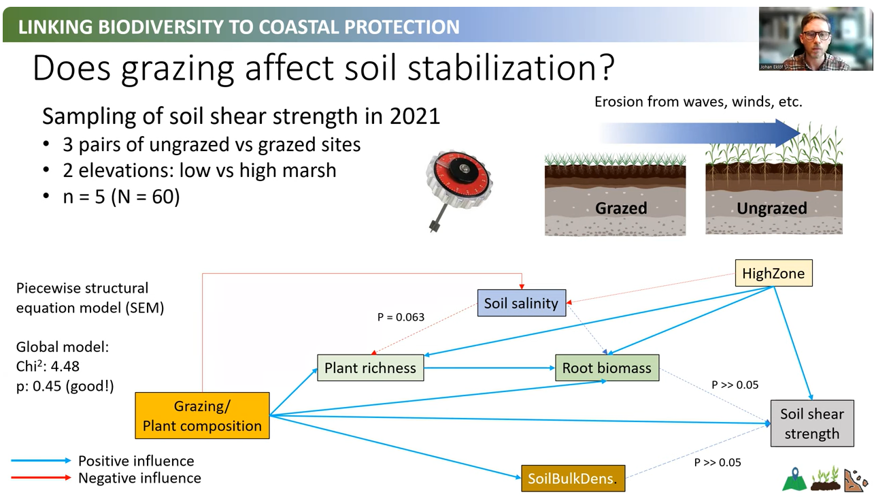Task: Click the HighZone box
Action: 774,273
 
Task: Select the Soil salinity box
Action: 522,303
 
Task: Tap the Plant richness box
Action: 370,368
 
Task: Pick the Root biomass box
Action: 607,368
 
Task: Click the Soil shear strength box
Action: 812,423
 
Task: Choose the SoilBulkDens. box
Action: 573,479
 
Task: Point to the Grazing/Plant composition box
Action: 202,415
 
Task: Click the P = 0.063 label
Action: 401,317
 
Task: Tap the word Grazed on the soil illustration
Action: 621,208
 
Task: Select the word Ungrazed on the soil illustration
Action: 772,208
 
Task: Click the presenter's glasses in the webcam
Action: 816,35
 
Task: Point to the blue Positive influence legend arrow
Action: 41,461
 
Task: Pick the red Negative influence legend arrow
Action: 41,478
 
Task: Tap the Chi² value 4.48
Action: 65,367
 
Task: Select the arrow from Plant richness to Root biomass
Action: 490,368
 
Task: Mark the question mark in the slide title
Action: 606,68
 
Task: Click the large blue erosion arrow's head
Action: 788,133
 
